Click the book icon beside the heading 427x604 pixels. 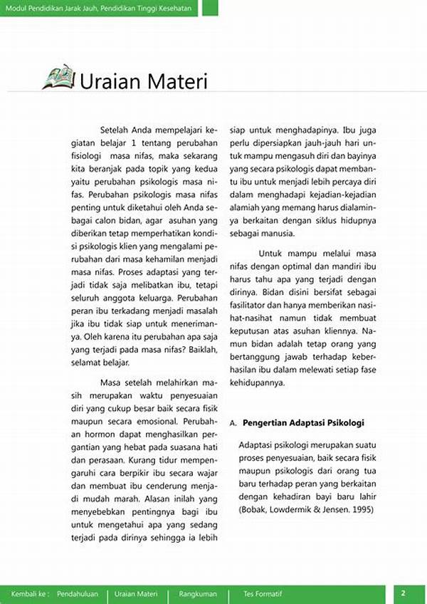click(58, 77)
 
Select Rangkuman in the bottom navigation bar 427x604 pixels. click(199, 593)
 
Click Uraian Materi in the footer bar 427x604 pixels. click(136, 593)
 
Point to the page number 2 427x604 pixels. click(403, 593)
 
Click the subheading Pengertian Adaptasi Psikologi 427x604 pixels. click(303, 422)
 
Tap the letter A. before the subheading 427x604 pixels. click(233, 423)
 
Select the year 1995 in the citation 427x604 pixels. click(360, 509)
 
